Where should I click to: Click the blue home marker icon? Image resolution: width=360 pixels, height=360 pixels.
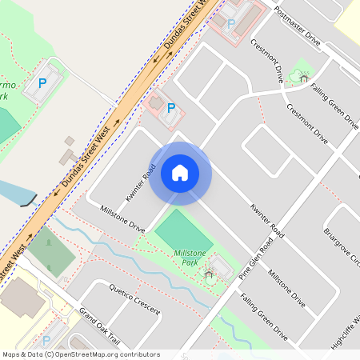pos(180,173)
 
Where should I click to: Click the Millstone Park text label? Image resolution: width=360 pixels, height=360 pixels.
pos(190,257)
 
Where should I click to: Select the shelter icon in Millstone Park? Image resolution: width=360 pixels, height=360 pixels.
pos(209,275)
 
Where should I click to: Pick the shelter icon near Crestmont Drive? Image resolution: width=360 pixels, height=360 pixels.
pos(303,77)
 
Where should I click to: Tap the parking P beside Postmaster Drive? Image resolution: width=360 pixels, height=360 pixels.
pos(231,23)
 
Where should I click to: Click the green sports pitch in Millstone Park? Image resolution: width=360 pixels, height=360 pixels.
pos(184,231)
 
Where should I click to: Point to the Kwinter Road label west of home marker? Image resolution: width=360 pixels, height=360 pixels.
pos(138,183)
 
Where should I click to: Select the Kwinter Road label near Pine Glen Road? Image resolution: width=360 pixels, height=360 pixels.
pos(266,218)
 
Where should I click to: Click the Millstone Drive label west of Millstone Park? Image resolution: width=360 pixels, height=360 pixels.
pos(122,218)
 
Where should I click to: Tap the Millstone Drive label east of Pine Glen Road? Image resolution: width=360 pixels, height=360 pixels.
pos(286,288)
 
